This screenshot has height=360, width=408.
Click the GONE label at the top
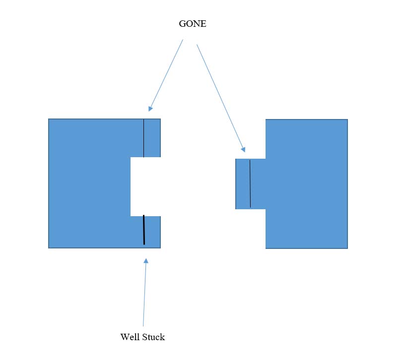[x=192, y=24]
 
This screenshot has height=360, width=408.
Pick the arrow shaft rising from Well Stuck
[x=144, y=293]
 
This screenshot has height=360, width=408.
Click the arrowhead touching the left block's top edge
[x=150, y=108]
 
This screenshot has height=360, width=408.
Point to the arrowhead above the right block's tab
[x=243, y=147]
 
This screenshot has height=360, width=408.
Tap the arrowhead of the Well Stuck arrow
[x=146, y=261]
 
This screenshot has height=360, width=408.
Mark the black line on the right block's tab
[x=250, y=183]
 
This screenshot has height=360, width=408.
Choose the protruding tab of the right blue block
[x=251, y=183]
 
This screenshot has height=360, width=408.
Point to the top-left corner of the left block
[x=49, y=120]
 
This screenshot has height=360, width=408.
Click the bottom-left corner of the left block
[x=49, y=247]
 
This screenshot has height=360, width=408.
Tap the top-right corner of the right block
[x=347, y=120]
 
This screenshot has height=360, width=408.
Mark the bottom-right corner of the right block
[x=347, y=248]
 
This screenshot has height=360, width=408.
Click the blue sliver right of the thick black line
[x=153, y=232]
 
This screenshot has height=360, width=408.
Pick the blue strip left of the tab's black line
[x=242, y=183]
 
